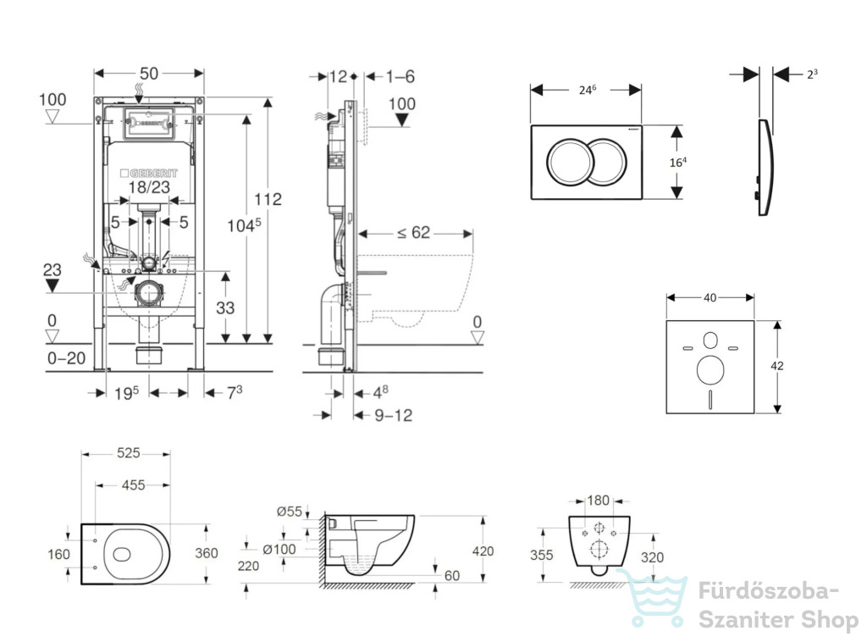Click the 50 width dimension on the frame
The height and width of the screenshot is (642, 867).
149,74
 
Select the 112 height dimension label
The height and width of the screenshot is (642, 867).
268,199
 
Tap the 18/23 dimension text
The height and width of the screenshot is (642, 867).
149,187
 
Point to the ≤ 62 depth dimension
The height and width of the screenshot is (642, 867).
413,233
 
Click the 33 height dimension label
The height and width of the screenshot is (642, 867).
225,307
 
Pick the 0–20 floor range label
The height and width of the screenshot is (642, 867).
66,358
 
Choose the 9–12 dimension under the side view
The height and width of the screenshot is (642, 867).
394,415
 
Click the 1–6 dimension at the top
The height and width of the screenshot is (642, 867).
400,76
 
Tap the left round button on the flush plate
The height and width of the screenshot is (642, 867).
570,162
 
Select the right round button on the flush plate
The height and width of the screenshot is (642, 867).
608,162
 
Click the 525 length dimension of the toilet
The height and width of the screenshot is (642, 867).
129,453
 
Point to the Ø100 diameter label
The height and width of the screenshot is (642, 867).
279,549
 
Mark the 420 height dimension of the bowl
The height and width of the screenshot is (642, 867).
483,551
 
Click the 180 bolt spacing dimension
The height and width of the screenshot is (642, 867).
598,501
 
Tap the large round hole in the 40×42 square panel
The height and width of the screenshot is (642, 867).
710,370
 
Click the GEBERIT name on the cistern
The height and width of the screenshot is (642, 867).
149,173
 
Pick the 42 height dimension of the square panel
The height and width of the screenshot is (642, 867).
777,366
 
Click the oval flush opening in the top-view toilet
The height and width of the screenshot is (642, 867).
122,555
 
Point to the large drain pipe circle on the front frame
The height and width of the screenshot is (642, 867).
149,293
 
